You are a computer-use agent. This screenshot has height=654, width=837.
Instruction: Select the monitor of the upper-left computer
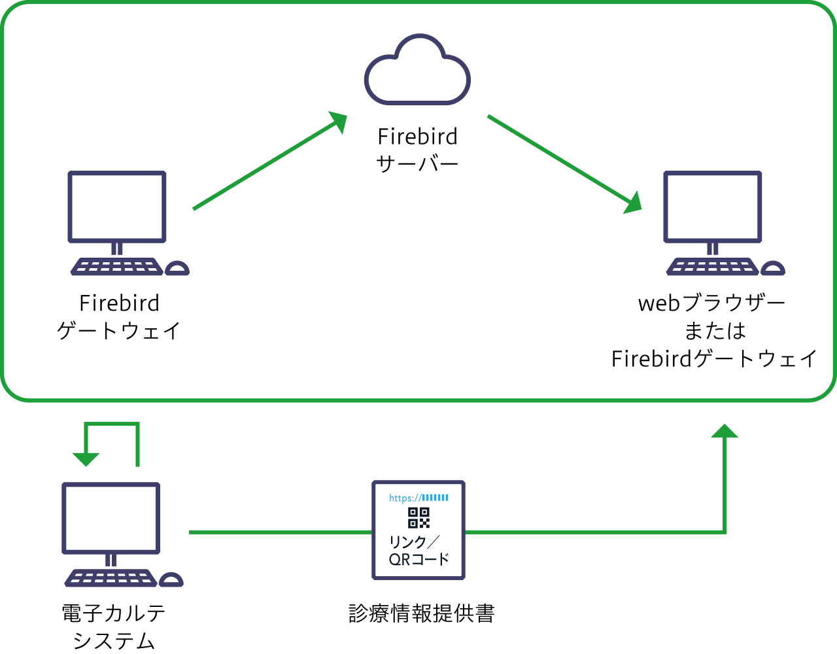coord(117,207)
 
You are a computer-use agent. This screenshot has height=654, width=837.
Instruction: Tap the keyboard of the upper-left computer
coord(116,267)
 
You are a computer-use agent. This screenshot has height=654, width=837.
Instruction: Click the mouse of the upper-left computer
coord(177,268)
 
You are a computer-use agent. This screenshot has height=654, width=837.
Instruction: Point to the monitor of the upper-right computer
coord(712,207)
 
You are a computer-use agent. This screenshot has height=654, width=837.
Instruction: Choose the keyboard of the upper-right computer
coord(712,267)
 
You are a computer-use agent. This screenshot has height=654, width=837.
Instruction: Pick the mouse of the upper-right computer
coord(772,268)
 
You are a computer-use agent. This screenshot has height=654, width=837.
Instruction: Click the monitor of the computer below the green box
coord(111,518)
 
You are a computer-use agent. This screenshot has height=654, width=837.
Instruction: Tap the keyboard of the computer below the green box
coord(111,578)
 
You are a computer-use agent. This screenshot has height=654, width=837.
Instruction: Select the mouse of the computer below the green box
coord(171,579)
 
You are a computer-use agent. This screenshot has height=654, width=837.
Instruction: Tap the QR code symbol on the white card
coord(418,517)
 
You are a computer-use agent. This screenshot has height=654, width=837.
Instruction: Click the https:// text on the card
coord(404,498)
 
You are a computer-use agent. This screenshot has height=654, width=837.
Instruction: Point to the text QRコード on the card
coord(418,560)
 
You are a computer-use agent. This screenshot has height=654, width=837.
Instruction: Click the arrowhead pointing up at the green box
coord(724,431)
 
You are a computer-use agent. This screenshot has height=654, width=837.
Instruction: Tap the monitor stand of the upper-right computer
coord(712,249)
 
